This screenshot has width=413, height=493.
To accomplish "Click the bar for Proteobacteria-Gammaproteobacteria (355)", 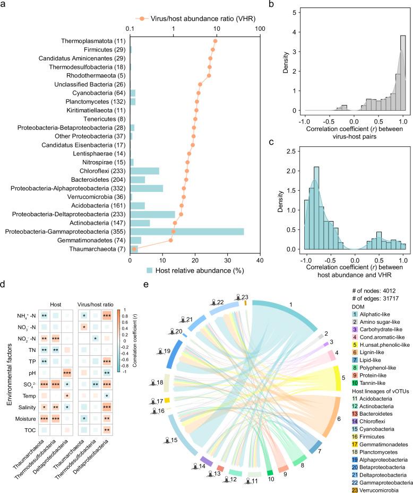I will [186, 231].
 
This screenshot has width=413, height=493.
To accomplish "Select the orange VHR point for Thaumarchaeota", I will [134, 249].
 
